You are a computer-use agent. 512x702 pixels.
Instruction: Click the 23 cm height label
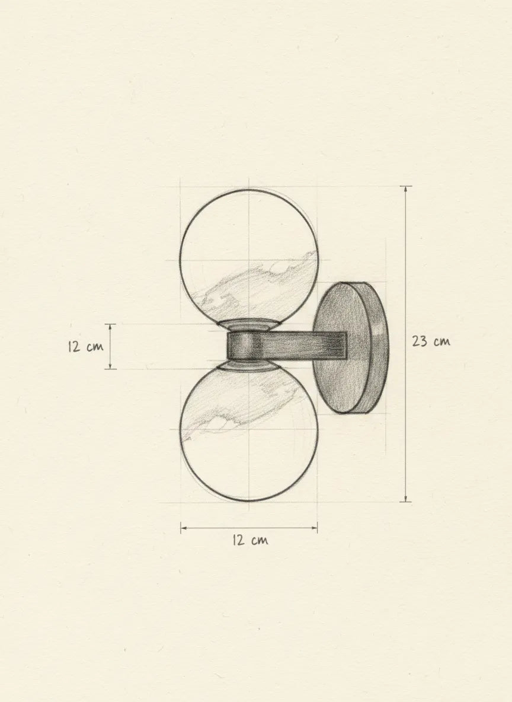[x=431, y=342]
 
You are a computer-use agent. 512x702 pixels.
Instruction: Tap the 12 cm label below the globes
[x=249, y=540]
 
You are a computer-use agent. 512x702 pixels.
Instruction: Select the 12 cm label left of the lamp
[x=85, y=346]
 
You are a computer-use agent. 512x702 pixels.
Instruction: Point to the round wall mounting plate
[x=350, y=347]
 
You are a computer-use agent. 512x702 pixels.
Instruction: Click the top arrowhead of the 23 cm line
[x=405, y=189]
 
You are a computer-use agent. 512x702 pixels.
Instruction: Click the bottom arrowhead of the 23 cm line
[x=405, y=499]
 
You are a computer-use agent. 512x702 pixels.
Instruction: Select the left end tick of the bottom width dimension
[x=181, y=528]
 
